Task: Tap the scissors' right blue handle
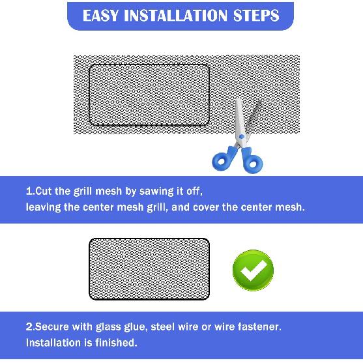pos(252,161)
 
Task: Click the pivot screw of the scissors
pos(240,138)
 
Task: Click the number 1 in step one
pos(28,192)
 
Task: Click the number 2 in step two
pos(29,327)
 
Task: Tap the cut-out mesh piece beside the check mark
pos(149,269)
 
